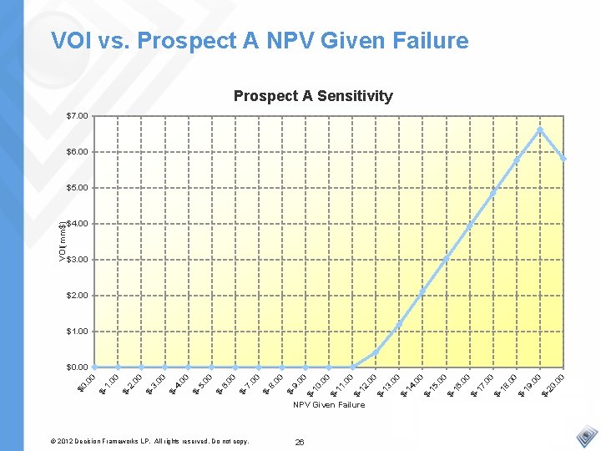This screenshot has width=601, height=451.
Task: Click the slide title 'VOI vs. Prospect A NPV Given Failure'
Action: [260, 40]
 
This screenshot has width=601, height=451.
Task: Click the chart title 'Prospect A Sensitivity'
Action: [313, 96]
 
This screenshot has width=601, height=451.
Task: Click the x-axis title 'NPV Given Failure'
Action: [329, 405]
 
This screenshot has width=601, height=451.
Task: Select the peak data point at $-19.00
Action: [540, 129]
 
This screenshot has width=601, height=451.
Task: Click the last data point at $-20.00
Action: [563, 158]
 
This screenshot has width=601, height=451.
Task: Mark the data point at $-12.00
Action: [376, 352]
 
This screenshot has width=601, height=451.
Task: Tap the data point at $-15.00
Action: [446, 258]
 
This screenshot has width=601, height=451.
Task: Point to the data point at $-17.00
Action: [493, 191]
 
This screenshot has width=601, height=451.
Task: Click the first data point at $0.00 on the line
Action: [94, 367]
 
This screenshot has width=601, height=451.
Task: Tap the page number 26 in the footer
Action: [300, 441]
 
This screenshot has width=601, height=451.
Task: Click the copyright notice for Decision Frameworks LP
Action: [150, 440]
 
